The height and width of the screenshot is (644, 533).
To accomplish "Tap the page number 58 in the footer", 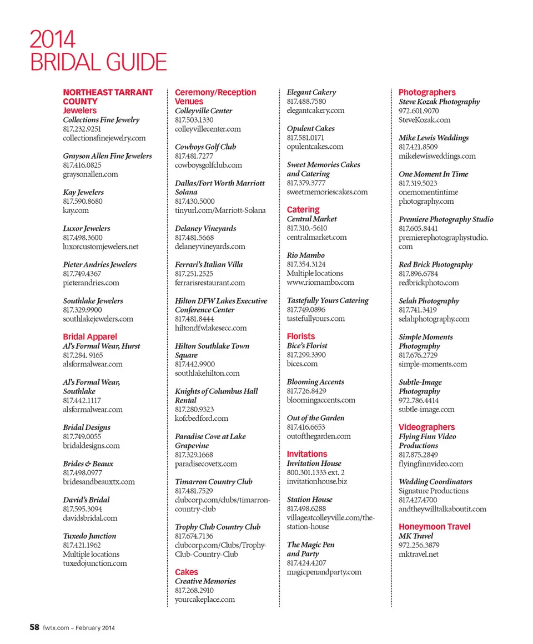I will point(34,627).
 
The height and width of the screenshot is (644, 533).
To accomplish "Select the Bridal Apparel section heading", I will point(90,337).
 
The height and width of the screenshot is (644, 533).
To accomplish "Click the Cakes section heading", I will point(186,572).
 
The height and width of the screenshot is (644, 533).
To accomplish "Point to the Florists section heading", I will point(300,336).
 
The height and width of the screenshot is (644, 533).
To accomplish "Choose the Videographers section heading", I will point(426,427).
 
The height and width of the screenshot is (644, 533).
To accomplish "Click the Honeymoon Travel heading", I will point(434,527).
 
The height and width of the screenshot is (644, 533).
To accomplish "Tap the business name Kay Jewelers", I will point(83,193).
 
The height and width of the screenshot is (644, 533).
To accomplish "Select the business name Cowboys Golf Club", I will point(205,147).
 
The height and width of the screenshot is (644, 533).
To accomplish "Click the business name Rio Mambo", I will point(306,255).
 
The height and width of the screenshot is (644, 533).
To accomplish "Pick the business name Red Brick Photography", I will point(436,265).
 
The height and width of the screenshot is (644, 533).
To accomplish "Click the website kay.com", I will point(76,210).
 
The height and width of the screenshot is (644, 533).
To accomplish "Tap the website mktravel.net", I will point(418,554).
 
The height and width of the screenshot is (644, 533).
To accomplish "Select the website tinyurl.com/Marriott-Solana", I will point(220,210).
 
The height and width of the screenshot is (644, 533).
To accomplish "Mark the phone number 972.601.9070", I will point(419,111).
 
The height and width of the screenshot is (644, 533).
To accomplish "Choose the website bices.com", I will point(302,364).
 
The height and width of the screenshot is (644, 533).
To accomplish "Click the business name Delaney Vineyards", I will point(205,229).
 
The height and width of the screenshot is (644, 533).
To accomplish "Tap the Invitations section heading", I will point(307,454).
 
